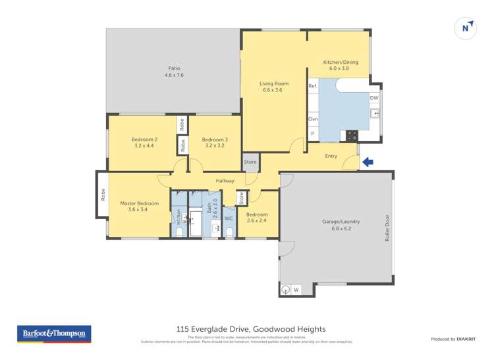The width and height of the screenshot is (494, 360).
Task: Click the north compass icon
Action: pos(466,28)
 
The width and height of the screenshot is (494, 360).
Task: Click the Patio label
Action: pos(174,68)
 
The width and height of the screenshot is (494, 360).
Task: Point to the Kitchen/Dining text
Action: pos(340,63)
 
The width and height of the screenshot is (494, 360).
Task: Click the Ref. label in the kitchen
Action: pos(313,86)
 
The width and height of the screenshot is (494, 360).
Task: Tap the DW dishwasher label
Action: pos(373,98)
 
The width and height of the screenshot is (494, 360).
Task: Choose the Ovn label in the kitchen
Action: pos(313,119)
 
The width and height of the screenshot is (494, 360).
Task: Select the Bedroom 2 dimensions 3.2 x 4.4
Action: pos(144,145)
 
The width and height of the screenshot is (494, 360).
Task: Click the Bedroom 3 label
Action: pos(215,140)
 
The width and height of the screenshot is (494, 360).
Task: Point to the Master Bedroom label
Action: pos(139,203)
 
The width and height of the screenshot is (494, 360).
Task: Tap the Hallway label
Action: pos(225,181)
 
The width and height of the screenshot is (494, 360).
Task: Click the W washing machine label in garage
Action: pos(295,290)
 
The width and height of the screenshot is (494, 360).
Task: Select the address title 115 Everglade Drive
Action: pos(250,329)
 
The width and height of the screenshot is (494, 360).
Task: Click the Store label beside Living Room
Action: pos(250,162)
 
